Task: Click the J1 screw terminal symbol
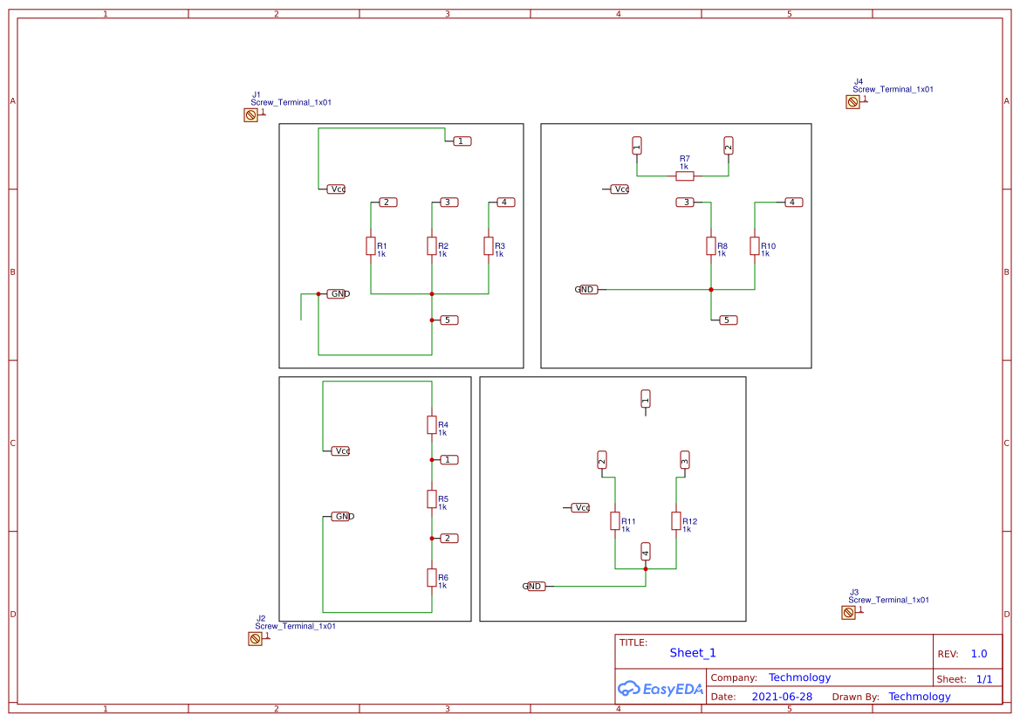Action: (x=250, y=115)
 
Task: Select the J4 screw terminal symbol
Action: (x=852, y=102)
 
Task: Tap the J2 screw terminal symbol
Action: (x=255, y=639)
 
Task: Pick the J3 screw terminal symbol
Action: (x=848, y=613)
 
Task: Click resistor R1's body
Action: (x=371, y=246)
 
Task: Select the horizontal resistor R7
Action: (x=685, y=176)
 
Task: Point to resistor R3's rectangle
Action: (x=489, y=246)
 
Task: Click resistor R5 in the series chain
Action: (x=432, y=499)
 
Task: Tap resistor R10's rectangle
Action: (x=755, y=246)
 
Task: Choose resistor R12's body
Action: (x=676, y=521)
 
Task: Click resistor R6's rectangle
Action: (x=432, y=577)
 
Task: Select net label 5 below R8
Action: (x=729, y=320)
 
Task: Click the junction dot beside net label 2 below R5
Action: (x=432, y=539)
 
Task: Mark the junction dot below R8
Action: (x=711, y=290)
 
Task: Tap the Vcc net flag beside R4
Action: (x=340, y=451)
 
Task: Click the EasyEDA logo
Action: (x=661, y=689)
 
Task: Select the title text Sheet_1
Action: (x=693, y=653)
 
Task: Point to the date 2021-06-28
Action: (x=782, y=697)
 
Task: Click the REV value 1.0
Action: (x=979, y=654)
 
